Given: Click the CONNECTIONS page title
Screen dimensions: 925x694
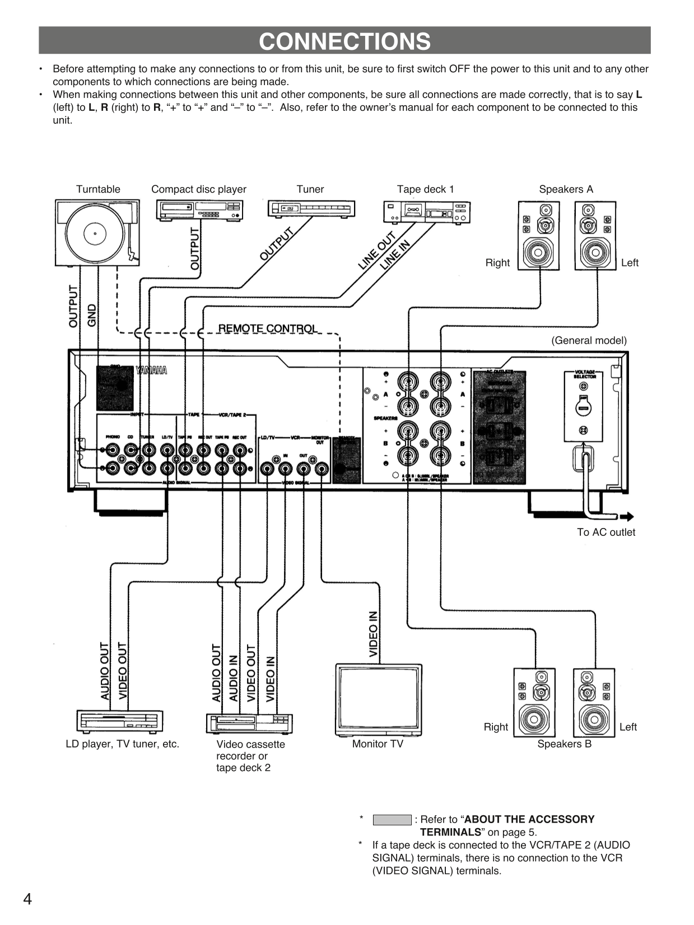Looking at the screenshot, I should pyautogui.click(x=344, y=41).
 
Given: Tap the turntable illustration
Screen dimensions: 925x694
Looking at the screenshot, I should pyautogui.click(x=97, y=233).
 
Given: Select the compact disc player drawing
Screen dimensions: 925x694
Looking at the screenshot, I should pyautogui.click(x=199, y=210).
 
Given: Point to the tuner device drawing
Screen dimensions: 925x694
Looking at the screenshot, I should pyautogui.click(x=311, y=209).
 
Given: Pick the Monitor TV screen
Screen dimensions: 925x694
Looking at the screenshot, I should pyautogui.click(x=378, y=698).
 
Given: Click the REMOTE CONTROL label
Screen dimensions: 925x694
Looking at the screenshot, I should pyautogui.click(x=267, y=328).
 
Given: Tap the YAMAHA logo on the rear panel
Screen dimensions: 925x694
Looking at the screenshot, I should pyautogui.click(x=151, y=370).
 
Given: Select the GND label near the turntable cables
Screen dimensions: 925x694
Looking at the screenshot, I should pyautogui.click(x=92, y=315).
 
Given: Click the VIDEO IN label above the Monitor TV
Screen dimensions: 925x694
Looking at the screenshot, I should pyautogui.click(x=373, y=634).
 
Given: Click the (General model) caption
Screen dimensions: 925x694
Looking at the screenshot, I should pyautogui.click(x=589, y=340).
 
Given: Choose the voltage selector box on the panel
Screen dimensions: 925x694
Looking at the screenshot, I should pyautogui.click(x=583, y=406).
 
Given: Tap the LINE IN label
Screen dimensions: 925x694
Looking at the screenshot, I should pyautogui.click(x=395, y=255).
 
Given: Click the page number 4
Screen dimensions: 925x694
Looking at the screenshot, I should pyautogui.click(x=27, y=899).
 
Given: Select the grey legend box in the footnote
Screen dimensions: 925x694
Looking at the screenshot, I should pyautogui.click(x=392, y=820).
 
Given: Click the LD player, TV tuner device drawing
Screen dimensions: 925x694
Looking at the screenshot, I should pyautogui.click(x=120, y=721).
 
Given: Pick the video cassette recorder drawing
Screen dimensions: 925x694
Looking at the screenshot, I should pyautogui.click(x=249, y=723).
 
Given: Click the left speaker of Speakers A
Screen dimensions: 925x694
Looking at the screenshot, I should pyautogui.click(x=595, y=236).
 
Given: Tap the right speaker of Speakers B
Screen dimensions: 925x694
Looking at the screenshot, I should pyautogui.click(x=534, y=703).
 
